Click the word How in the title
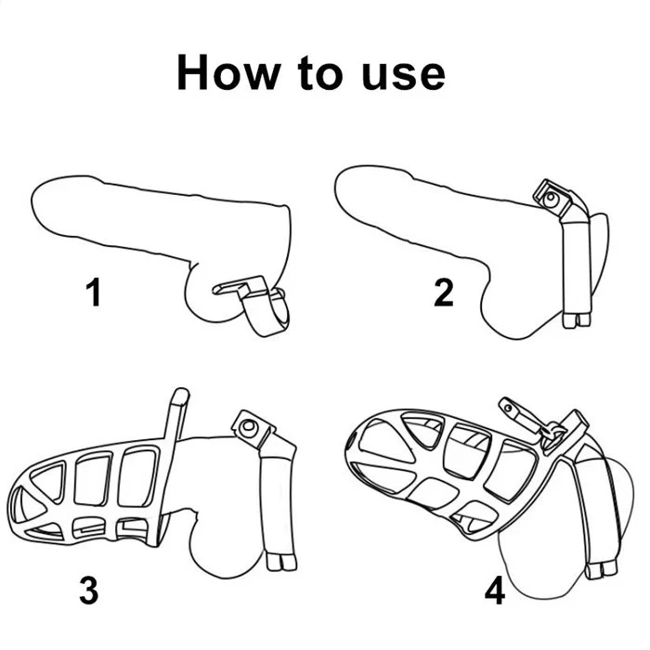click(228, 72)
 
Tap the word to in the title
click(320, 73)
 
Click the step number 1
click(94, 292)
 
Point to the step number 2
click(444, 292)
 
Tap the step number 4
click(495, 590)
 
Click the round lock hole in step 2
click(551, 198)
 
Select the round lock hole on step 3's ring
click(249, 425)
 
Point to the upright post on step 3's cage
click(176, 414)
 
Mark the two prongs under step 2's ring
click(577, 320)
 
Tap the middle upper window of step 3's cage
click(93, 479)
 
